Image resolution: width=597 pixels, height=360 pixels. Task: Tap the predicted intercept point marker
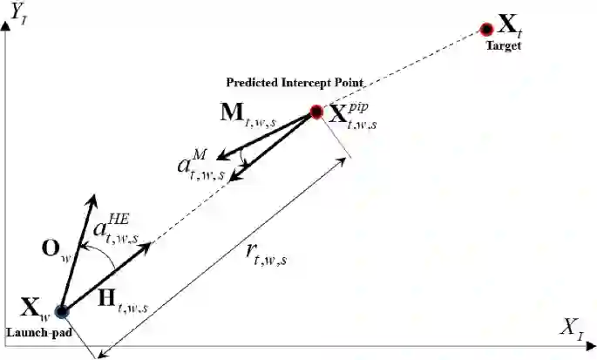(316, 112)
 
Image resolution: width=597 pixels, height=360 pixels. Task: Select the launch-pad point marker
(62, 310)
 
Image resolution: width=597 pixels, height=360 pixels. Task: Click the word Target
(503, 45)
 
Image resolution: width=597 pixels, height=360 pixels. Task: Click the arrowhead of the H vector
(148, 245)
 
